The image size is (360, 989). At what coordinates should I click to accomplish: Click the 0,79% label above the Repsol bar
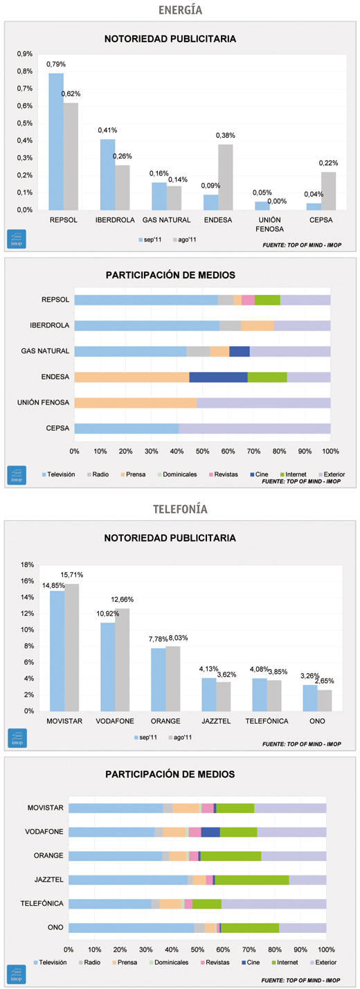pos(56,64)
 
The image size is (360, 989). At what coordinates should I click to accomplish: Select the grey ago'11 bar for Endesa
pos(226,177)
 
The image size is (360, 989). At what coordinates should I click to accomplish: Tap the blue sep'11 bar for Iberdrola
pos(107,175)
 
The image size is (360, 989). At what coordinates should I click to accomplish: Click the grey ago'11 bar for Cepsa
pos(328,191)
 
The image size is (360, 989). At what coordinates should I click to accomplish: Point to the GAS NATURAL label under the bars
pos(166,220)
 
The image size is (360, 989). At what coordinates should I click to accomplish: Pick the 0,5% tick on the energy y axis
pos(25,123)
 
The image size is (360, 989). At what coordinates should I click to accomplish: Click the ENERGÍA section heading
pos(180,10)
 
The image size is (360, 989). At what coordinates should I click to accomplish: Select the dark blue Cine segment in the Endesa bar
pos(218,377)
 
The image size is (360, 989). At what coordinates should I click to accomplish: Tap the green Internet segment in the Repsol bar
pos(267,300)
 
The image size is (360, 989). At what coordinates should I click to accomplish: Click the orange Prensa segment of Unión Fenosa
pos(136,402)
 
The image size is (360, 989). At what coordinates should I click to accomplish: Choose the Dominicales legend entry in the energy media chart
pos(177,474)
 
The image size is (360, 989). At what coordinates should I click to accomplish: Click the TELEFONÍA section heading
pos(180,509)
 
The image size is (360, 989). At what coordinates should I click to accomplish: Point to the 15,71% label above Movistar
pos(72,575)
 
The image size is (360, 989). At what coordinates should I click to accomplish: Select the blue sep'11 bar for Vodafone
pos(107,667)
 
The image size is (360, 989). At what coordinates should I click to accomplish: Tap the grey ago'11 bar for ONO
pos(324,700)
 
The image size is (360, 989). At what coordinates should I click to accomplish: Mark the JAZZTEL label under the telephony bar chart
pos(216,721)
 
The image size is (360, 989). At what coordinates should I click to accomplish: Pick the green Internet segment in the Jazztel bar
pos(252,880)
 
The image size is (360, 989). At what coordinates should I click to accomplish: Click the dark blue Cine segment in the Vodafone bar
pos(210,832)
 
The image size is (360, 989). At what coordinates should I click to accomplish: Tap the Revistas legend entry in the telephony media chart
pos(215,962)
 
